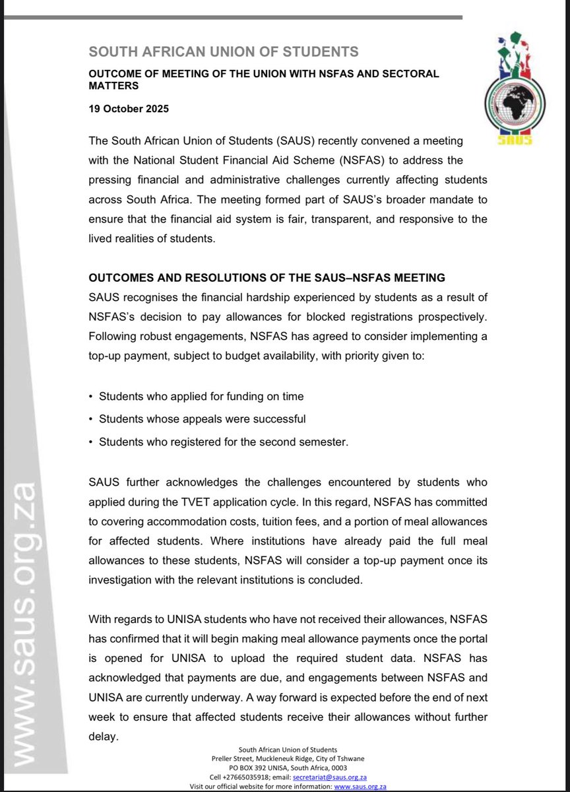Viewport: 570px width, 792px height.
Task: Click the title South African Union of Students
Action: click(x=224, y=51)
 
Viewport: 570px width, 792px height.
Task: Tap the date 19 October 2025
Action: click(x=129, y=109)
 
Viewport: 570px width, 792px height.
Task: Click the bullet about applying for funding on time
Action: click(x=201, y=397)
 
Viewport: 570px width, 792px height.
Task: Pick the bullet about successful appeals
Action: click(x=202, y=419)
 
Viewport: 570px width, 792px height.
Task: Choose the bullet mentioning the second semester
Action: click(x=223, y=442)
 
